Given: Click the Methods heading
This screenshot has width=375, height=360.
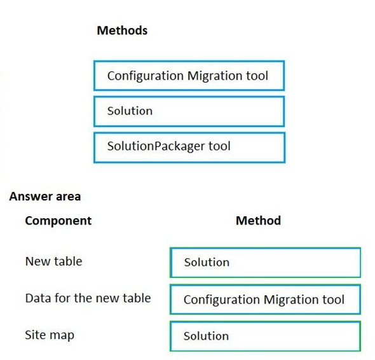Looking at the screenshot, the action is click(122, 31).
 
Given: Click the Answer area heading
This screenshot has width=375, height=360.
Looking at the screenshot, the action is click(45, 197).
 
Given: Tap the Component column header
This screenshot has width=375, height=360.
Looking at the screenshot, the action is click(58, 221).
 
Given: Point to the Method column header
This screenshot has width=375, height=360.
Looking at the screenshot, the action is click(258, 221).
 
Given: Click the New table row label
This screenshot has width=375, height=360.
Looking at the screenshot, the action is click(53, 261).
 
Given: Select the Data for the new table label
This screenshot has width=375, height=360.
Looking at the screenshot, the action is click(88, 298).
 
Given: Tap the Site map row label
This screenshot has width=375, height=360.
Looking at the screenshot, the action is click(50, 335).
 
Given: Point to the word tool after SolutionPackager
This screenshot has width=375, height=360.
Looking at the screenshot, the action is click(219, 146).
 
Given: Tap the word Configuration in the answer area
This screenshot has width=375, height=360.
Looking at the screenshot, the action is click(222, 300).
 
